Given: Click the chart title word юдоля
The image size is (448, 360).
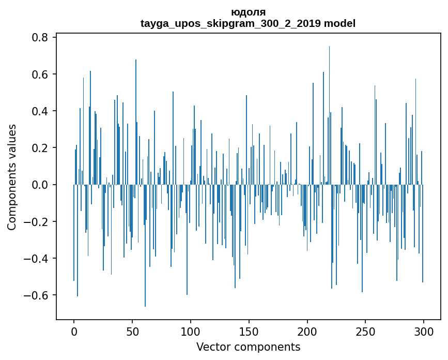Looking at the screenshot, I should coord(248,12).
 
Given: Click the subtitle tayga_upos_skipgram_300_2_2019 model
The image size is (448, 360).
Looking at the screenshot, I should coord(248,23).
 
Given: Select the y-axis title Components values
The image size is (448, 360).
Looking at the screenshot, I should coord(11,177).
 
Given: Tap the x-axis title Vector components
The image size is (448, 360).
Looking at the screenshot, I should coord(248,347).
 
